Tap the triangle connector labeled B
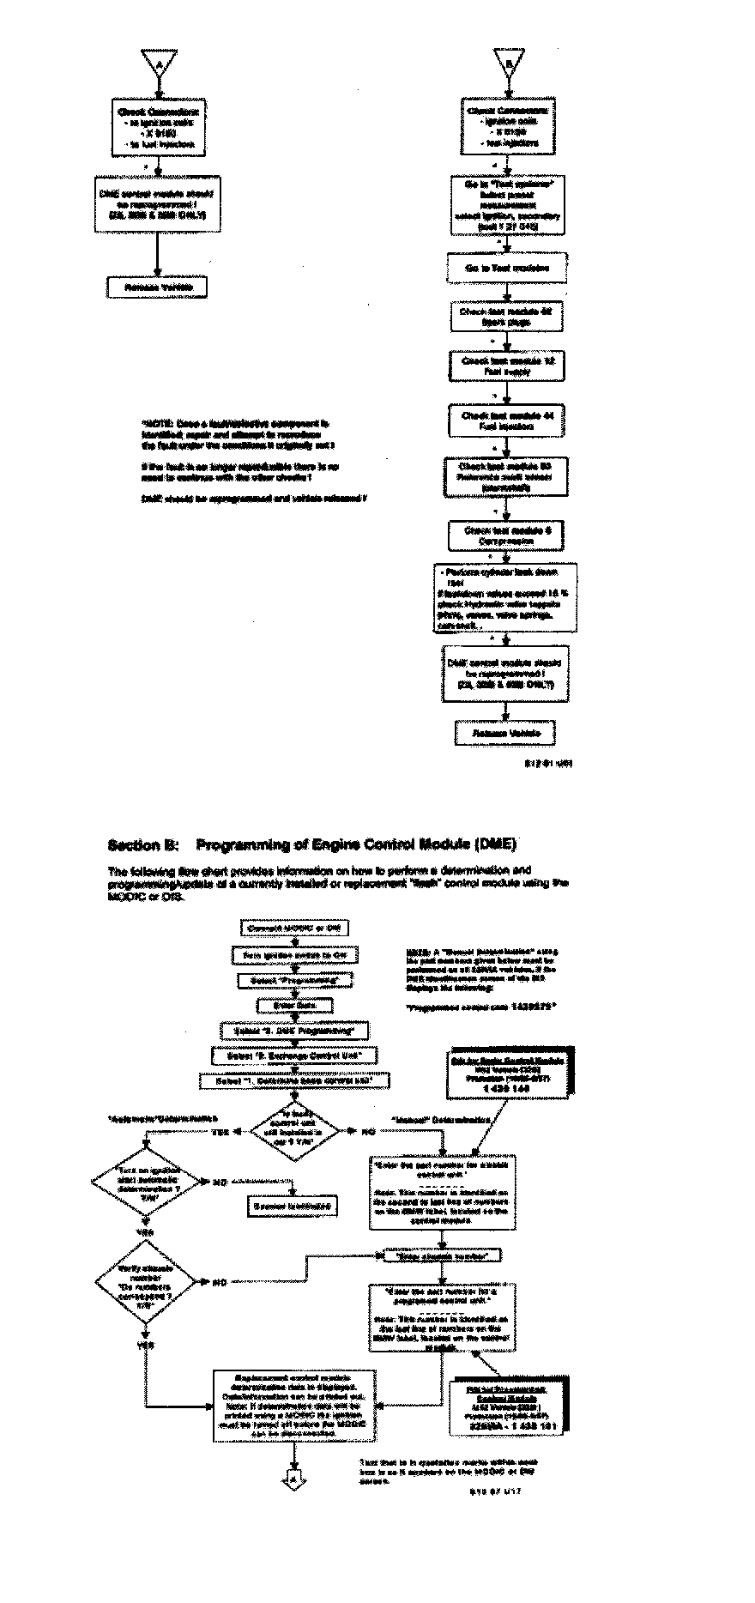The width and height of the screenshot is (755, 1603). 507,62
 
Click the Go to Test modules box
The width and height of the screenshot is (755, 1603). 507,269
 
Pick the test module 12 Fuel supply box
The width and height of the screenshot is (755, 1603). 509,366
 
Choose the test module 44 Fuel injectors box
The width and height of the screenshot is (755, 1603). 509,420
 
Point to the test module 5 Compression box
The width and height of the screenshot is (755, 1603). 508,535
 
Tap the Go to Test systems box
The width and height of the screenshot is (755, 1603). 508,205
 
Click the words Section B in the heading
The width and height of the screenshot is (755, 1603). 142,844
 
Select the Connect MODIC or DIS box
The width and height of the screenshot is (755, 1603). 294,928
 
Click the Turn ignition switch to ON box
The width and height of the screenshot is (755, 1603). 294,954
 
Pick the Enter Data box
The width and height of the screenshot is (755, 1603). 294,1005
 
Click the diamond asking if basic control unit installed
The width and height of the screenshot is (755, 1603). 294,1131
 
